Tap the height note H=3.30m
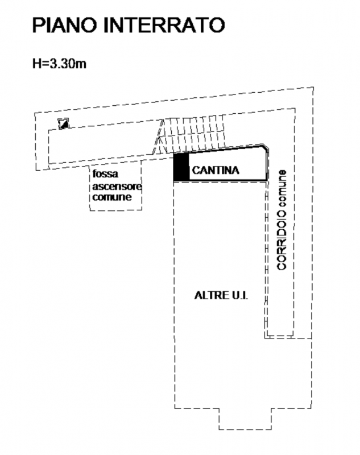point(59,64)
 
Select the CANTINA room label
point(216,170)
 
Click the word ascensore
point(117,187)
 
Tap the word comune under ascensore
point(112,198)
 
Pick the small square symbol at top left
point(64,123)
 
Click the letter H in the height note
point(35,64)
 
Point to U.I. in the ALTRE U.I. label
point(241,295)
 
